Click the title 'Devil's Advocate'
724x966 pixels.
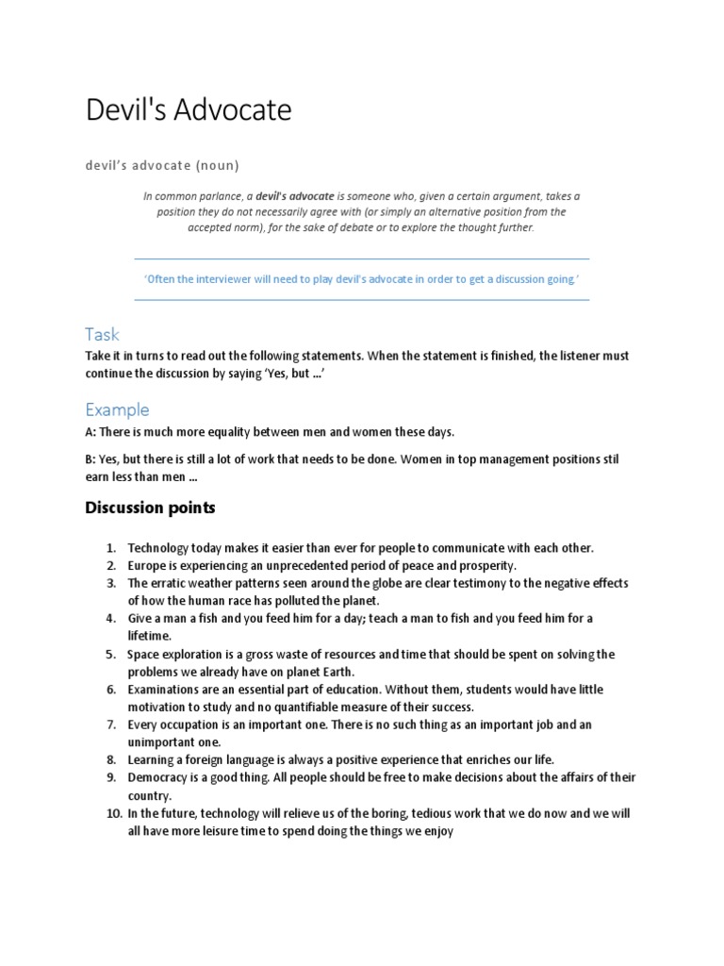point(189,111)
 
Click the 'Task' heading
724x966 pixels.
point(102,335)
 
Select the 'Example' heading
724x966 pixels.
point(117,409)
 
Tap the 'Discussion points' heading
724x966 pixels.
point(150,508)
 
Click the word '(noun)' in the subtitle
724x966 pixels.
point(217,166)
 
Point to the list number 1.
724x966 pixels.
point(110,548)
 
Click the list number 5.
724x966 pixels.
point(110,655)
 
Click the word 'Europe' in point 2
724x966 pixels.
point(147,566)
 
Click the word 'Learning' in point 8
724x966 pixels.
point(152,760)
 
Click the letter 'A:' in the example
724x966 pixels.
point(90,432)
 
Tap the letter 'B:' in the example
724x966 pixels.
point(90,460)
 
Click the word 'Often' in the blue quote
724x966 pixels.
point(161,280)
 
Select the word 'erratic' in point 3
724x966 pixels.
point(168,584)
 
